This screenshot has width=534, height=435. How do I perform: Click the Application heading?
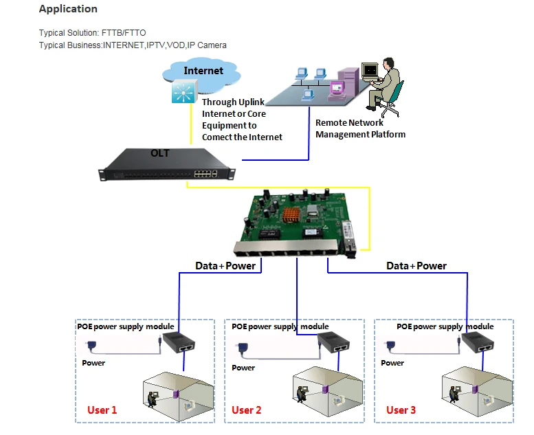(68, 9)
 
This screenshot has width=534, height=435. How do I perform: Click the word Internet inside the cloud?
(203, 71)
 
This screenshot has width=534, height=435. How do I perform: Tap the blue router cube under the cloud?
(184, 91)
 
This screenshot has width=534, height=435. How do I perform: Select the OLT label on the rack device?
(159, 153)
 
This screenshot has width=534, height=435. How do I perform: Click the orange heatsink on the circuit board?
(291, 214)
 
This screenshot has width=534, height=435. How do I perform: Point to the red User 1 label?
(102, 410)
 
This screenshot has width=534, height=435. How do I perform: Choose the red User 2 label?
(246, 410)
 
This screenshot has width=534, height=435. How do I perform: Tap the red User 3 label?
(401, 410)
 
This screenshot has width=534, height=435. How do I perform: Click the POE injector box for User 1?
(179, 342)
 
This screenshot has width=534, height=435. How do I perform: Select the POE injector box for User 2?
(334, 342)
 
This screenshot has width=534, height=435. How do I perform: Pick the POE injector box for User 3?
(478, 342)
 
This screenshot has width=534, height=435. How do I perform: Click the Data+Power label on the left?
(225, 266)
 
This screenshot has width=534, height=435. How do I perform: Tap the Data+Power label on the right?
(416, 266)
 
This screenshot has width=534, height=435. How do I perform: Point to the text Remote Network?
(349, 122)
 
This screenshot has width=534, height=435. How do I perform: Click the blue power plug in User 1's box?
(91, 346)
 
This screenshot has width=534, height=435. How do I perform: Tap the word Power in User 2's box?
(243, 368)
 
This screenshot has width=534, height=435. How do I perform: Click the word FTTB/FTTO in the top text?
(124, 33)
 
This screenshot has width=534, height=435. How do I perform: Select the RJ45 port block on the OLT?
(205, 173)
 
